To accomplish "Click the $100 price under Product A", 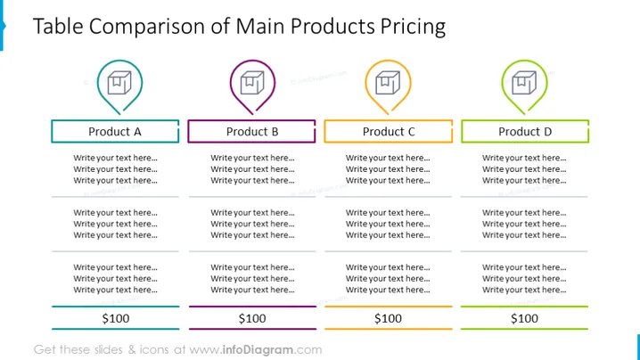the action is click(x=116, y=318).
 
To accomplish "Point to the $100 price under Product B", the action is click(x=252, y=318).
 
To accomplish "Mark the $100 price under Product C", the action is click(x=388, y=318).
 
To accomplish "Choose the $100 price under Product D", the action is click(x=524, y=318).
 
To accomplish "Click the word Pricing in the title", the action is click(x=413, y=27).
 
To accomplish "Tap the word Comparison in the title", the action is click(x=147, y=27).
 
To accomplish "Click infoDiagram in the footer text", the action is click(x=258, y=350).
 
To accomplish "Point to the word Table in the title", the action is click(x=58, y=26).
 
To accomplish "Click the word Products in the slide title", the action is click(x=332, y=26).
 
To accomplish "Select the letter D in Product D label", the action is click(x=547, y=131).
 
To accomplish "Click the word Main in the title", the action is click(x=260, y=26).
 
